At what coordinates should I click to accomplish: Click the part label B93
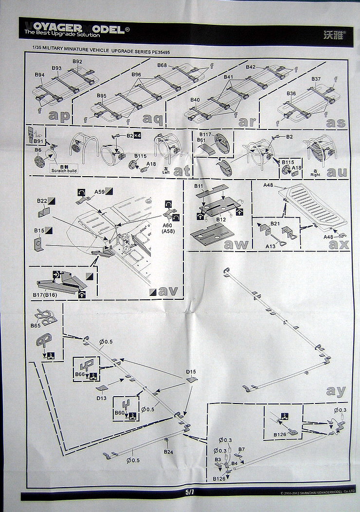[56, 68]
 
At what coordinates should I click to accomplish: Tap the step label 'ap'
[60, 115]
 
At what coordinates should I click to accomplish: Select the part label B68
[162, 66]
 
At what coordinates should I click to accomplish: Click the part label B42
[251, 67]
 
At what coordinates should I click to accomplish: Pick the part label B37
[316, 79]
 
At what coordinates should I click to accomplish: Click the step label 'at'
[181, 171]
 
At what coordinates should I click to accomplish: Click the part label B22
[42, 201]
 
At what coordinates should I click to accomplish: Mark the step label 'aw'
[235, 244]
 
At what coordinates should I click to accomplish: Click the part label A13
[270, 246]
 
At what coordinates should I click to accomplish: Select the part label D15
[191, 372]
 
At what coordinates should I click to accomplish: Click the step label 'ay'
[336, 390]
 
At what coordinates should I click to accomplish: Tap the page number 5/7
[190, 493]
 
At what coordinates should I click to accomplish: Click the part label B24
[168, 452]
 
